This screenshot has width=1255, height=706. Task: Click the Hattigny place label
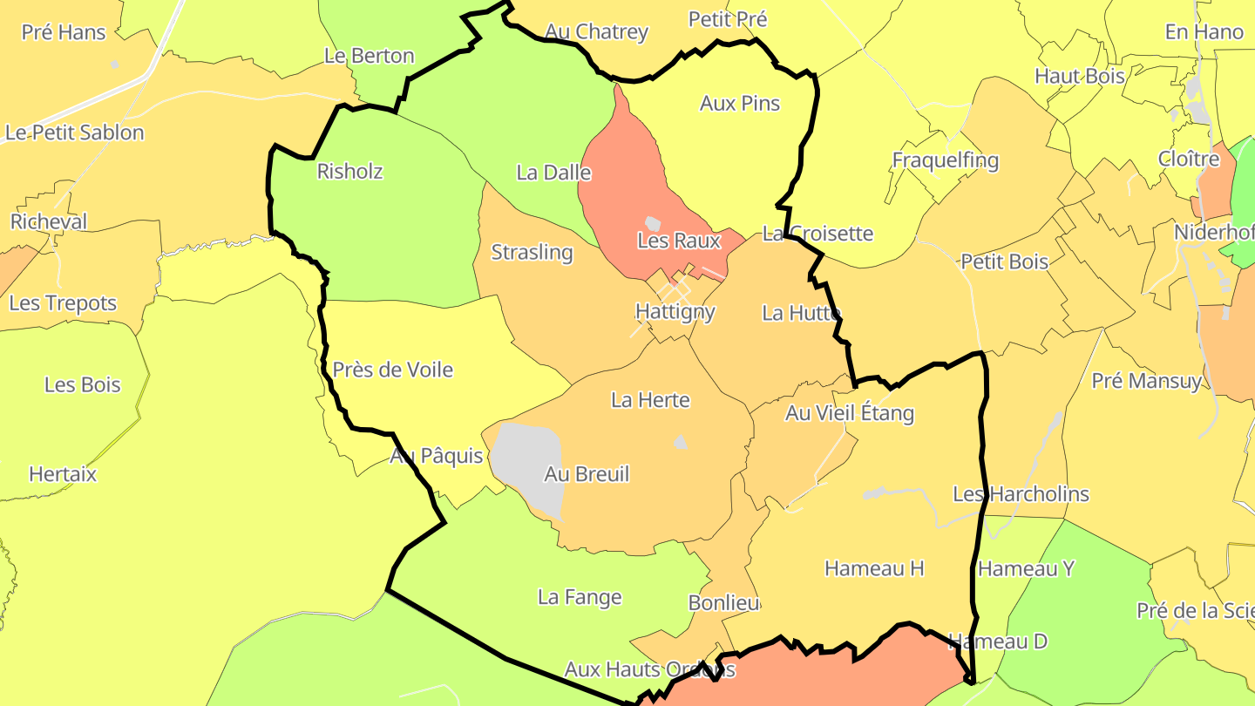click(675, 311)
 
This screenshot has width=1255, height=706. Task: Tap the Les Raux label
click(679, 241)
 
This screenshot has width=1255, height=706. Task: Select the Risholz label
click(349, 171)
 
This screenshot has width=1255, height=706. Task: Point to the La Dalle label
click(553, 173)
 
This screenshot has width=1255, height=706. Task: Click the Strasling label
click(532, 253)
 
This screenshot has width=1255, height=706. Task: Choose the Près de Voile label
click(392, 370)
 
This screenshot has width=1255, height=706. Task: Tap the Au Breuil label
click(586, 474)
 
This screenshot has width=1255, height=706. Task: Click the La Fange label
click(580, 597)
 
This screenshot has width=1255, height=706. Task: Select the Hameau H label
click(873, 568)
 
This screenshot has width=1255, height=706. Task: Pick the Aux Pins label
click(740, 103)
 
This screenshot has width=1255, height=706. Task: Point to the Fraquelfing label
click(945, 160)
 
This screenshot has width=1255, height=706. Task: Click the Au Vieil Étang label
click(849, 413)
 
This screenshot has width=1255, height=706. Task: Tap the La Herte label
click(650, 400)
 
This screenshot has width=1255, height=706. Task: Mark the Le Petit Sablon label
click(74, 132)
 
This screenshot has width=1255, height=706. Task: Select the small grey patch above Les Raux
click(653, 224)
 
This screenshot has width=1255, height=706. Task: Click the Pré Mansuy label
click(1146, 381)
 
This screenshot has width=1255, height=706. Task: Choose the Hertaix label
click(63, 474)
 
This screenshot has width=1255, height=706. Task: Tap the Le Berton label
click(369, 56)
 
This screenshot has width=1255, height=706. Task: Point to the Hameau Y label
click(1026, 568)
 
